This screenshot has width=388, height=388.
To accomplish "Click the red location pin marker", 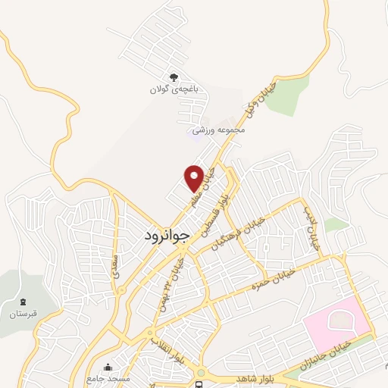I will [195, 178].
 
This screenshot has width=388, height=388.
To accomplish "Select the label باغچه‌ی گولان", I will [174, 89].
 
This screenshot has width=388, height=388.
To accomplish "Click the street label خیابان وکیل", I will [260, 99].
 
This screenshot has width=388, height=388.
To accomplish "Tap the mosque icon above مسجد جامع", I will [106, 365].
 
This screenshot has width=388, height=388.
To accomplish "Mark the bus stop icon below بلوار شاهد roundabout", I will [199, 385].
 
